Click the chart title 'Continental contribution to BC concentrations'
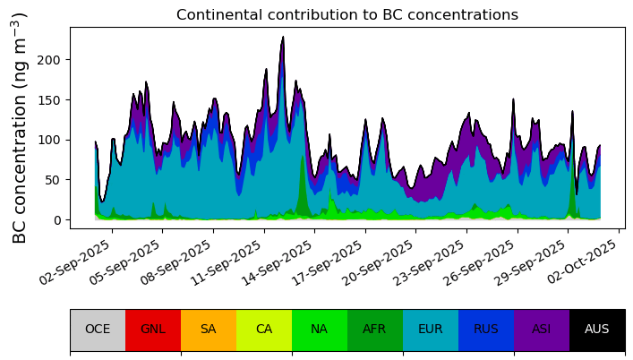[347, 15]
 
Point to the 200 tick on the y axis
[48, 60]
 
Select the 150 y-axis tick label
[48, 100]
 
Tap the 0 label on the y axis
[56, 220]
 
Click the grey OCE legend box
[98, 330]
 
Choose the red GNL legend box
[153, 330]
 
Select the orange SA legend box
[209, 330]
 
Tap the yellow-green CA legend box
[264, 330]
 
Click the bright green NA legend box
[320, 330]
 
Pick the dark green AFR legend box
[375, 330]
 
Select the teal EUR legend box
[431, 330]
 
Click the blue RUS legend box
[486, 330]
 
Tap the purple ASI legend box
[542, 330]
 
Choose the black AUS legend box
[597, 330]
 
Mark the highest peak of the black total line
[283, 37]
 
